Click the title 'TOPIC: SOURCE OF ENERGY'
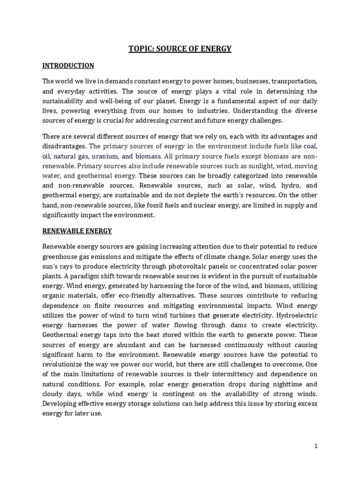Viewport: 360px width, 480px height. [180, 49]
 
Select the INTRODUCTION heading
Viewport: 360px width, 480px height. [68, 66]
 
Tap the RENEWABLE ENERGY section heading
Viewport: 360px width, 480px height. [77, 231]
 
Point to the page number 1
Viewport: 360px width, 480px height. [316, 446]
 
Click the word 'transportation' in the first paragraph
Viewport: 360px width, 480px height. [294, 81]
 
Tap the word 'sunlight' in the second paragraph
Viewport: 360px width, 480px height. [260, 166]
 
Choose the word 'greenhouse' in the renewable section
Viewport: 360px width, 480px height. [60, 256]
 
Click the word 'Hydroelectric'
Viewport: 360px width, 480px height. [296, 315]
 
